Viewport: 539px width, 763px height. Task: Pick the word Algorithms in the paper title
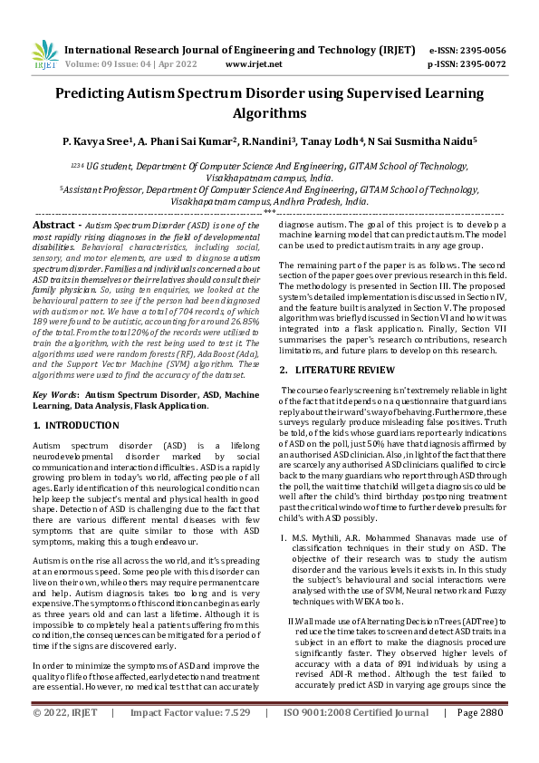point(269,113)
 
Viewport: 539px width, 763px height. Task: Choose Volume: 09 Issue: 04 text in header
point(121,65)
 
